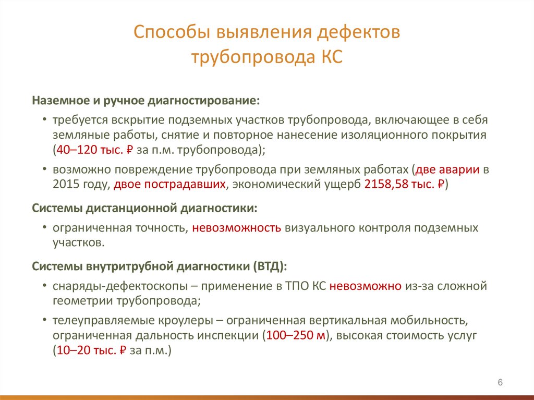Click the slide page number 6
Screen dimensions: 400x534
click(x=500, y=383)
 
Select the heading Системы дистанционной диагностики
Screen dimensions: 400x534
click(x=144, y=208)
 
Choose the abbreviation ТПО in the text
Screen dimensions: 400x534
click(x=298, y=286)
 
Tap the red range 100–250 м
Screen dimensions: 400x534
click(x=296, y=335)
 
